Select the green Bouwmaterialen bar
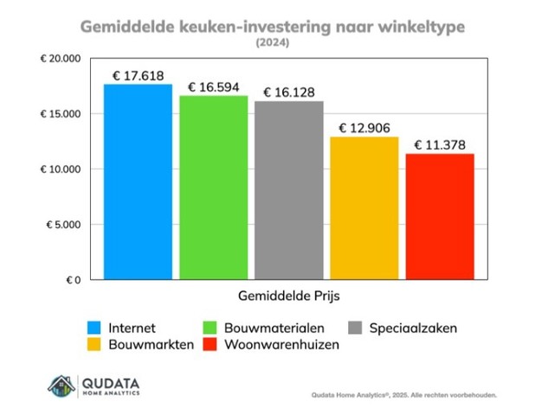214,188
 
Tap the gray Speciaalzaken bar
289,190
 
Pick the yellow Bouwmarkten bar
365,207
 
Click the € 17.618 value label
139,75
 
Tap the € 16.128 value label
289,92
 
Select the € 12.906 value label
365,127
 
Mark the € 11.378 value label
440,143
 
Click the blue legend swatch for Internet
96,328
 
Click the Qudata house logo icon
61,386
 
